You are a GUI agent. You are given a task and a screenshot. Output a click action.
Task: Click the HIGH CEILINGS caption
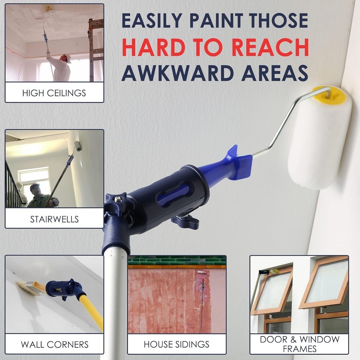click(x=54, y=93)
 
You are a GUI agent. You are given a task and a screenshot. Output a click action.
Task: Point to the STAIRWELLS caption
click(x=54, y=219)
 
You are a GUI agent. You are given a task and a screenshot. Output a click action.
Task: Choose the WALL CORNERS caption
click(x=54, y=344)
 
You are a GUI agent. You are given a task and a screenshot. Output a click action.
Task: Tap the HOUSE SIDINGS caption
click(x=176, y=344)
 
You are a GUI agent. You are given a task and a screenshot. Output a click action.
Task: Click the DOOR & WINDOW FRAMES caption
click(x=299, y=344)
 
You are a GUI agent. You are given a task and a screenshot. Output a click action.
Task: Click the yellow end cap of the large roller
click(x=321, y=92)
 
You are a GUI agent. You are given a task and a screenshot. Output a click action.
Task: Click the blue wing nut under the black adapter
click(x=185, y=221)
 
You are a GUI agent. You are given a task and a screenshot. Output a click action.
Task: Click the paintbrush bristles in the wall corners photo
click(x=27, y=288)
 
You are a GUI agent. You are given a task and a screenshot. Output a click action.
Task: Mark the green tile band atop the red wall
click(x=176, y=260)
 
